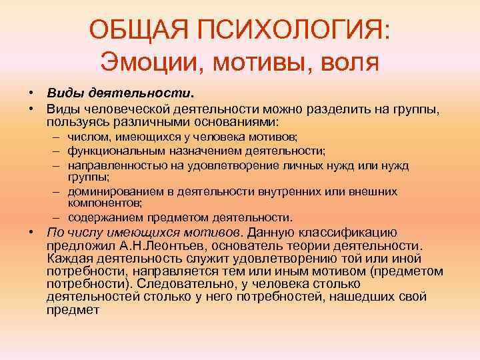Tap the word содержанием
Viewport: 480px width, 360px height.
(x=100, y=217)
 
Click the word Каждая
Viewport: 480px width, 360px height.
(x=69, y=259)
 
